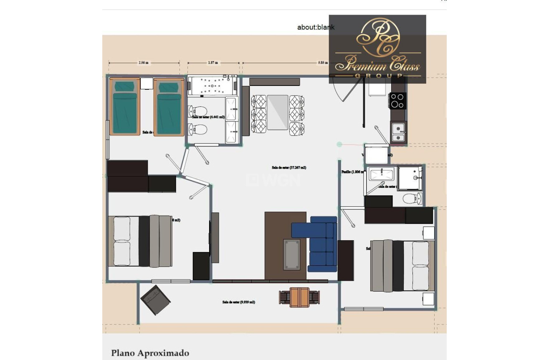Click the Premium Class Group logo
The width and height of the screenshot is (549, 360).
point(377,49)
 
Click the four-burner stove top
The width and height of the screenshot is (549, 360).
point(397,101)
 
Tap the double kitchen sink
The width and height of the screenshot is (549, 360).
point(399,132)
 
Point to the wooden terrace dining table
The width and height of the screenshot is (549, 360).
point(299,297)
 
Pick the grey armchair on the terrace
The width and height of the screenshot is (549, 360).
point(155,300)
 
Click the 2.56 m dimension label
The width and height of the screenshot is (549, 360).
point(144,63)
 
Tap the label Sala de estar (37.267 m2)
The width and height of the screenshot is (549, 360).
point(289,168)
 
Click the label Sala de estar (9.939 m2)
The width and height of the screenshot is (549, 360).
point(238,302)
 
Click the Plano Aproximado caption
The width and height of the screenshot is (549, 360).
point(150,353)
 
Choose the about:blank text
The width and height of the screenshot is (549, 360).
point(316,28)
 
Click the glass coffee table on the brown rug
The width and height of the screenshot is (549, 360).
point(291,254)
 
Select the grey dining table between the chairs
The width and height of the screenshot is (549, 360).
point(278,113)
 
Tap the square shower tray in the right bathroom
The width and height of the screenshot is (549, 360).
point(410,179)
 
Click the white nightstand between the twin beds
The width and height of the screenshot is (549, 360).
point(147,83)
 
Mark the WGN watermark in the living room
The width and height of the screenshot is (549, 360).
point(273,180)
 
